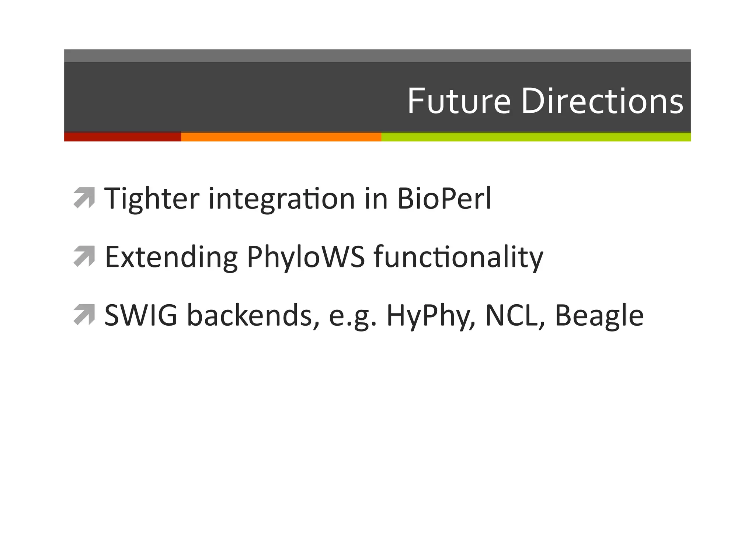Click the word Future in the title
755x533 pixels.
point(459,101)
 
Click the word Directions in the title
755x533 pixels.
point(602,101)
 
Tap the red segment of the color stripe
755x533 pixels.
point(122,137)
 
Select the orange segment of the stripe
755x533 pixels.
point(281,137)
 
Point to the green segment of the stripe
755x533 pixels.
point(536,137)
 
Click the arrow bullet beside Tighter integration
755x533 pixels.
point(84,198)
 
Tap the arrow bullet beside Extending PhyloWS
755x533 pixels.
point(84,256)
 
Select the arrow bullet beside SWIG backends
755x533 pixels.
point(84,315)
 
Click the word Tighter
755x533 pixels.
point(152,199)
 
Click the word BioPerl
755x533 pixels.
point(444,199)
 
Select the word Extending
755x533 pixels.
point(171,257)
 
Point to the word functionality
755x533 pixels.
point(458,257)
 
